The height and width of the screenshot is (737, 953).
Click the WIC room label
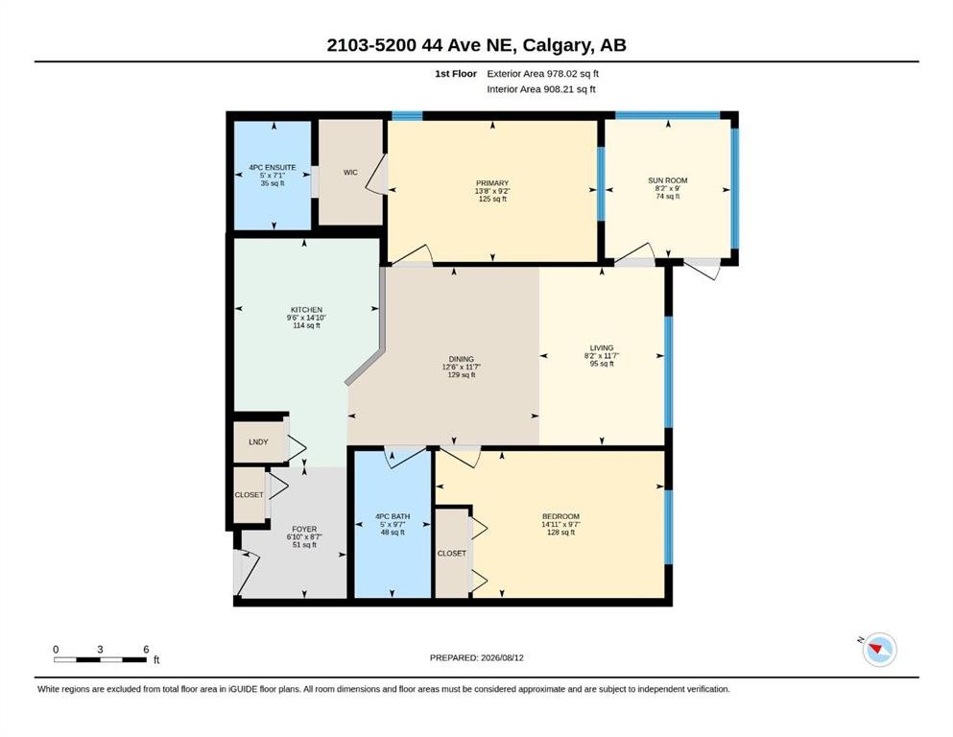[x=350, y=173]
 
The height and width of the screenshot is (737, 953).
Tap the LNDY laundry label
[x=258, y=441]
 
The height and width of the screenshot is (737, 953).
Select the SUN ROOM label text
[x=667, y=180]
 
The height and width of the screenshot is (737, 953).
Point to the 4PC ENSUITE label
[x=273, y=167]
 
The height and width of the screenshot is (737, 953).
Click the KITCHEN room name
[x=306, y=310]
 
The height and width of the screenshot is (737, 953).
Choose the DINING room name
[x=462, y=359]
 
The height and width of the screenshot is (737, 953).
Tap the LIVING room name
[x=602, y=348]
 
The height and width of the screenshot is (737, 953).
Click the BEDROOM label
[x=561, y=516]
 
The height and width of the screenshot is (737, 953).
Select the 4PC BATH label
[x=393, y=516]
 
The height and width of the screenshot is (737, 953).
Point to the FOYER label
[x=304, y=529]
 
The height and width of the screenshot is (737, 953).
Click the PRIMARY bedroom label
[x=492, y=183]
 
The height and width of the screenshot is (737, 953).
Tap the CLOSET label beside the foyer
[x=250, y=494]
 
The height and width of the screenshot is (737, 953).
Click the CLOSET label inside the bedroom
[x=452, y=553]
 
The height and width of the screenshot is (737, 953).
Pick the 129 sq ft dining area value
[x=462, y=375]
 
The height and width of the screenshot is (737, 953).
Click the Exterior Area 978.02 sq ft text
[x=543, y=74]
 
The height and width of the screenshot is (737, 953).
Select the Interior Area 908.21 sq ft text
[x=541, y=89]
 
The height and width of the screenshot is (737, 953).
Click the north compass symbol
[x=879, y=650]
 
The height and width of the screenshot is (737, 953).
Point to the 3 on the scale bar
[x=100, y=649]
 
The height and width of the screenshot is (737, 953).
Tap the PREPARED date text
[x=476, y=657]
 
